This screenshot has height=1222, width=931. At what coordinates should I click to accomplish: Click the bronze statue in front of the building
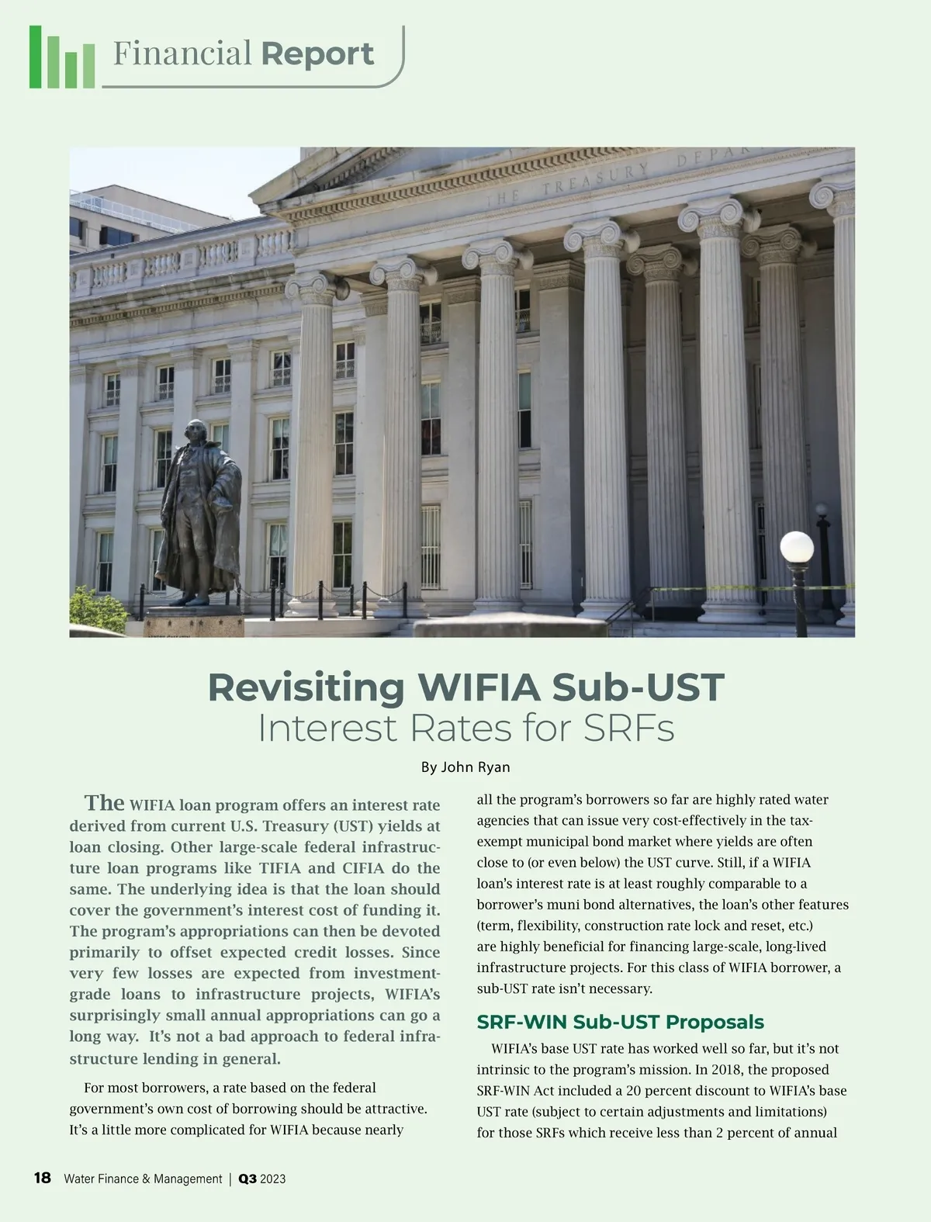pos(199,512)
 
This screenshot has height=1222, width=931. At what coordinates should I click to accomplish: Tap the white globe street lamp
pos(796,547)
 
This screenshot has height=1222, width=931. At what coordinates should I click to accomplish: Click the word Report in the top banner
pos(317,54)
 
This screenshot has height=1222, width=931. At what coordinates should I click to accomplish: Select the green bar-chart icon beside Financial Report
pos(61,58)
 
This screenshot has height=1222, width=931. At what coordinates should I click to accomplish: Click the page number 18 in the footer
pos(42,1178)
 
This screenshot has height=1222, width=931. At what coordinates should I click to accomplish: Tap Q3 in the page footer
pos(247,1179)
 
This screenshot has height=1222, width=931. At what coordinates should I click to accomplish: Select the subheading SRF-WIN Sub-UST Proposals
pos(620,1022)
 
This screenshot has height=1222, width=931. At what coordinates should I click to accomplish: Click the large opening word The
pos(104,802)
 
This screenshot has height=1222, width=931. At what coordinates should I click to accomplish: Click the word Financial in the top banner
pos(182,54)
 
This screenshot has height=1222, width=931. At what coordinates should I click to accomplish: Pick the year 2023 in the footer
pos(273,1179)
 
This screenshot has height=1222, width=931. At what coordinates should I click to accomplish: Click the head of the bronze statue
pos(196,432)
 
